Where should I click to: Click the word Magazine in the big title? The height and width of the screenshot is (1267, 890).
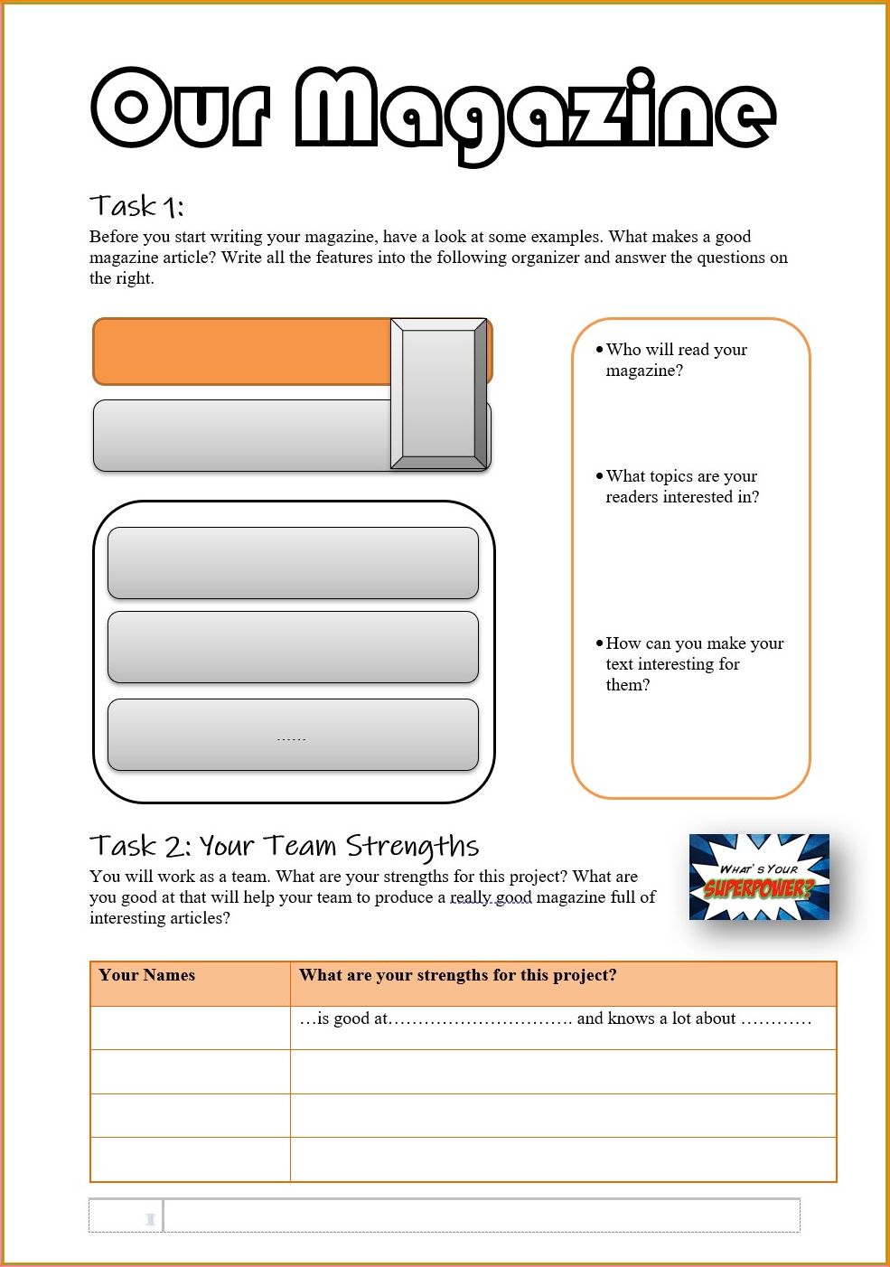(x=535, y=115)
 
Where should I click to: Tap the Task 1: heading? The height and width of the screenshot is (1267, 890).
(x=136, y=206)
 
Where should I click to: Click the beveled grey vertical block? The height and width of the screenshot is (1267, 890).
(x=438, y=394)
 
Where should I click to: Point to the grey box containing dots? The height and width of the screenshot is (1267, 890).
(x=293, y=735)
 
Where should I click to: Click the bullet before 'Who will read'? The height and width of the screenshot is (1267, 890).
(x=599, y=350)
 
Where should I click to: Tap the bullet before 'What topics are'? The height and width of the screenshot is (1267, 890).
(x=599, y=477)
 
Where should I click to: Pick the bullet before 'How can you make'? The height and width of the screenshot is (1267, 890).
(x=599, y=643)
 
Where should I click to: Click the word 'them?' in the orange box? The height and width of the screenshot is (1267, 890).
(x=628, y=685)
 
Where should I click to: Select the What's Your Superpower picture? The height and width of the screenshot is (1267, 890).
(x=759, y=877)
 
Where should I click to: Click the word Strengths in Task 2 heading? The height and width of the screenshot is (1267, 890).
(x=412, y=847)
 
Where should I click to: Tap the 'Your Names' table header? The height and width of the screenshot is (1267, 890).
(x=147, y=974)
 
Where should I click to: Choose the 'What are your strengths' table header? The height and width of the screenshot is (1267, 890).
(x=457, y=974)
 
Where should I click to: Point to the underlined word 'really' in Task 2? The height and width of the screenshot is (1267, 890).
(x=469, y=897)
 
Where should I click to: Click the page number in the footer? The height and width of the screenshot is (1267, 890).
(x=150, y=1219)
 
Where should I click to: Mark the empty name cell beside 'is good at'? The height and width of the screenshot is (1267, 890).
(x=191, y=1028)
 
